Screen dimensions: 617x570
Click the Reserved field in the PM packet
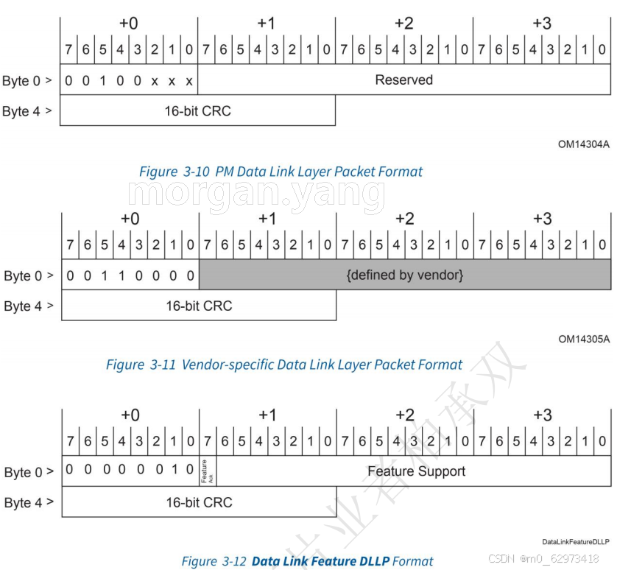pyautogui.click(x=403, y=80)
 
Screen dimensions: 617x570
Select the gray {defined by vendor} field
pyautogui.click(x=404, y=275)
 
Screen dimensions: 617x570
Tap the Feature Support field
pyautogui.click(x=416, y=471)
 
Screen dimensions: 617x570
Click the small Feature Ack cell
pyautogui.click(x=208, y=471)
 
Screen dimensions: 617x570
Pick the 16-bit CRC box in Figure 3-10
pyautogui.click(x=197, y=111)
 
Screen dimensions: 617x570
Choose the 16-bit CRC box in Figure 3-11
pyautogui.click(x=198, y=306)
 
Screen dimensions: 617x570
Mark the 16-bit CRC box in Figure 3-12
pyautogui.click(x=199, y=502)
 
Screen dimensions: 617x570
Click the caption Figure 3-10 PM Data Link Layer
pyautogui.click(x=281, y=172)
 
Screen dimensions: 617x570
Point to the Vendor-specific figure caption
pyautogui.click(x=284, y=365)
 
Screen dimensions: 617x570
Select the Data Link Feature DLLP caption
pyautogui.click(x=307, y=561)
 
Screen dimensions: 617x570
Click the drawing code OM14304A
pyautogui.click(x=583, y=144)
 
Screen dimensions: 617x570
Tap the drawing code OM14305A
pyautogui.click(x=584, y=339)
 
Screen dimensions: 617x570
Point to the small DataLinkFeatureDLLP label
pyautogui.click(x=576, y=541)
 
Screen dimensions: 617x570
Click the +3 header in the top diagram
pyautogui.click(x=541, y=24)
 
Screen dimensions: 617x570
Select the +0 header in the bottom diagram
pyautogui.click(x=130, y=415)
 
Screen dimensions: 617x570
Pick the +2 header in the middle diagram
pyautogui.click(x=404, y=219)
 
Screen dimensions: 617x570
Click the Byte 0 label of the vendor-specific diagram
pyautogui.click(x=28, y=276)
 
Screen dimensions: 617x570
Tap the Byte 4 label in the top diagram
pyautogui.click(x=27, y=112)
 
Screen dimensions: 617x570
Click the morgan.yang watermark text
pyautogui.click(x=256, y=193)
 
